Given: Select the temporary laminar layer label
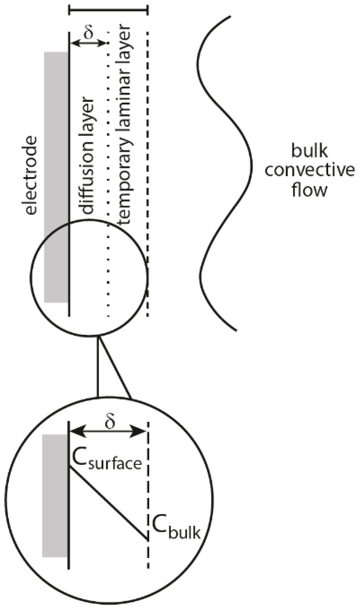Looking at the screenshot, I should pyautogui.click(x=125, y=126).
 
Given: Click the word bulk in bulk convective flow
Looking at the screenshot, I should pyautogui.click(x=309, y=151).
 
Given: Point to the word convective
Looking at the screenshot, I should pyautogui.click(x=309, y=171).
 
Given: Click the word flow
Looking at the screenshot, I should pyautogui.click(x=309, y=190).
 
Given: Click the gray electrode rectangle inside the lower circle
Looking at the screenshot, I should pyautogui.click(x=55, y=496).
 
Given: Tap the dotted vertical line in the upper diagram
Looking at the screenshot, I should pyautogui.click(x=108, y=165).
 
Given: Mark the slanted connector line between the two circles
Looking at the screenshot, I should pyautogui.click(x=116, y=367).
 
